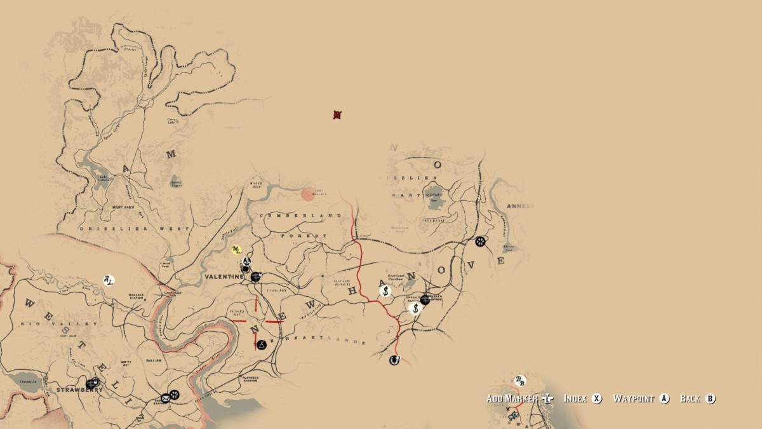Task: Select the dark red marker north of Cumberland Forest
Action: [x=338, y=115]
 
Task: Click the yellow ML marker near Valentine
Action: [x=237, y=250]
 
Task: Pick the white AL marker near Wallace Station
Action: [x=109, y=280]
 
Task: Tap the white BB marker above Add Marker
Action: [x=520, y=381]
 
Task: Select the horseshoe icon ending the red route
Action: [x=394, y=360]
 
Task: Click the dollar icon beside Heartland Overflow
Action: [x=385, y=291]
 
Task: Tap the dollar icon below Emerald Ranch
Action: [x=415, y=308]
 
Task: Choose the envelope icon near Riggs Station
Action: [x=166, y=398]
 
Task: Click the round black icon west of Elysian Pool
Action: [x=481, y=241]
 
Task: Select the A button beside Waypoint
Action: [x=664, y=398]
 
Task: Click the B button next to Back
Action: [x=710, y=398]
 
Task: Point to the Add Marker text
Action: [x=512, y=398]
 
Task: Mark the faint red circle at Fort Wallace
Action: [x=308, y=194]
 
